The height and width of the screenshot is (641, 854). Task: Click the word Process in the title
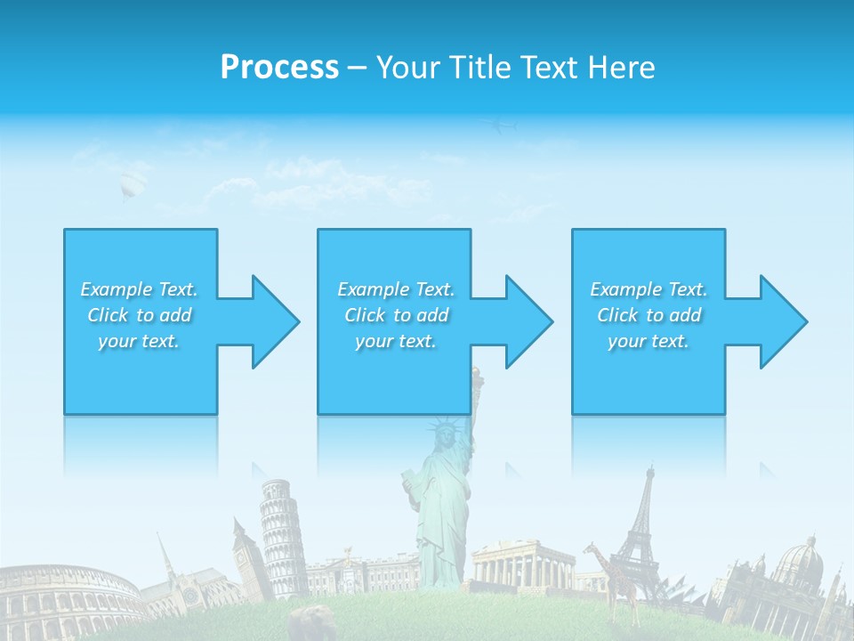tap(279, 68)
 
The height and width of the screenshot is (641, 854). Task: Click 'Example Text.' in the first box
tap(139, 289)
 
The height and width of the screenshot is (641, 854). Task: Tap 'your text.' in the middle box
tap(395, 341)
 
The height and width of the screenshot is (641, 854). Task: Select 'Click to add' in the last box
tap(649, 315)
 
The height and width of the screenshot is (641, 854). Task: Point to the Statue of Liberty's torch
tap(477, 375)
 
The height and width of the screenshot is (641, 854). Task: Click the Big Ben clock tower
tap(243, 552)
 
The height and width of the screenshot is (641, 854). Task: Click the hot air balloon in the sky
tap(131, 183)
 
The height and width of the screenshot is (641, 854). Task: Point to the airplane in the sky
tap(499, 127)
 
